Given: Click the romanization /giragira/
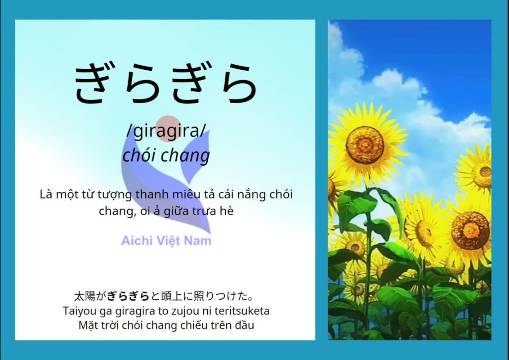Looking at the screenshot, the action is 166,130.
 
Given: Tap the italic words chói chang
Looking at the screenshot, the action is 166,155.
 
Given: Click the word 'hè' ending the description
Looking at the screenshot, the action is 227,211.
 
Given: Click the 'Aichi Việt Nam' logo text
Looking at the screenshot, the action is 166,241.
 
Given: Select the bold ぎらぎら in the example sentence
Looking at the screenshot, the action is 128,296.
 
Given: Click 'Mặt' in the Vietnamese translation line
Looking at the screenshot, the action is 86,325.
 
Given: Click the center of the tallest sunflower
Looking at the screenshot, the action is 365,144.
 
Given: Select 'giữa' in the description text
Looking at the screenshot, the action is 176,211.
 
